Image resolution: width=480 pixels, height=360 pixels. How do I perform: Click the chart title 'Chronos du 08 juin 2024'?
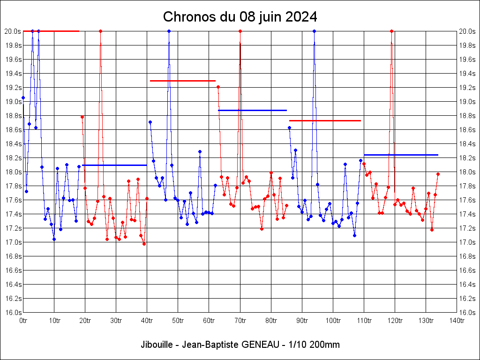(x=240, y=17)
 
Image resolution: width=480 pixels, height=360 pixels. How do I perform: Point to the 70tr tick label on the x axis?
(x=240, y=321)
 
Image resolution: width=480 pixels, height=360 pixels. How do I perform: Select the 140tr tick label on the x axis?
(x=457, y=321)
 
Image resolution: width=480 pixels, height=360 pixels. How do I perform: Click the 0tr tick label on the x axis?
(x=23, y=321)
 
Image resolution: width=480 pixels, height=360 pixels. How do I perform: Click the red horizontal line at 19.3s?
(x=182, y=81)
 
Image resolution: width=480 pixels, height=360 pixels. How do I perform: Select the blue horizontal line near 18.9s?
(x=253, y=110)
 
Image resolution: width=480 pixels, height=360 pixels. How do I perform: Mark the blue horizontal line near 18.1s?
(x=114, y=165)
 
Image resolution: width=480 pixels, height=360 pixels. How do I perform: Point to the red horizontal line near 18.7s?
(x=325, y=120)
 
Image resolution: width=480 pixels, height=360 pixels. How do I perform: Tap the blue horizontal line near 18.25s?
(x=401, y=155)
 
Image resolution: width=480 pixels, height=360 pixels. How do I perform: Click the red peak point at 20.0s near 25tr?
(x=101, y=31)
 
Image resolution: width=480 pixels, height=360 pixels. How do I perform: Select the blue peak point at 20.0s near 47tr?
(x=169, y=31)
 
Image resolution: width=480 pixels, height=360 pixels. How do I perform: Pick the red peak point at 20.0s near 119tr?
(x=391, y=31)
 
